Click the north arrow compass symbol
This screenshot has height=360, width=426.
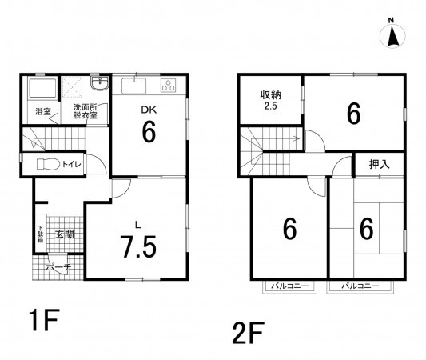pyautogui.click(x=392, y=35)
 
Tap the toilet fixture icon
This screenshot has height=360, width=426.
pyautogui.click(x=49, y=164)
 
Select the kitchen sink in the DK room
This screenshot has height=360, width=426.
pyautogui.click(x=133, y=86)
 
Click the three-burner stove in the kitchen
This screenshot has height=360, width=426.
pyautogui.click(x=168, y=86)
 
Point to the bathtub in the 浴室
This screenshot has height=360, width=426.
pyautogui.click(x=42, y=88)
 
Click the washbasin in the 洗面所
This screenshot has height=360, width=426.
pyautogui.click(x=100, y=82)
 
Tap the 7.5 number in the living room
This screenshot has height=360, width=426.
pyautogui.click(x=139, y=247)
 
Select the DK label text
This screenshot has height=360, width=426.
pyautogui.click(x=149, y=110)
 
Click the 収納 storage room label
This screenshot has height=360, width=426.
pyautogui.click(x=271, y=95)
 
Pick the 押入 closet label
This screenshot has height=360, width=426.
pyautogui.click(x=380, y=164)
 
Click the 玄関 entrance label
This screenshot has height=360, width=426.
pyautogui.click(x=65, y=234)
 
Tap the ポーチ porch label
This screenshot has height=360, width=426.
pyautogui.click(x=58, y=267)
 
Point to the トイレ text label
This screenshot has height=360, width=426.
pyautogui.click(x=71, y=164)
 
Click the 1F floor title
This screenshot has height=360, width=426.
pyautogui.click(x=44, y=319)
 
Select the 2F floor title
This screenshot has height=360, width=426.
pyautogui.click(x=248, y=332)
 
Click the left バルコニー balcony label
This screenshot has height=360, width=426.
pyautogui.click(x=289, y=286)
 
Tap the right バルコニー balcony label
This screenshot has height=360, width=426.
pyautogui.click(x=360, y=286)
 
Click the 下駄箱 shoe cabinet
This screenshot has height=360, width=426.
pyautogui.click(x=41, y=234)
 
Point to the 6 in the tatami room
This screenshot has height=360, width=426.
pyautogui.click(x=367, y=229)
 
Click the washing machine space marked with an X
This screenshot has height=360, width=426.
pyautogui.click(x=72, y=87)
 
